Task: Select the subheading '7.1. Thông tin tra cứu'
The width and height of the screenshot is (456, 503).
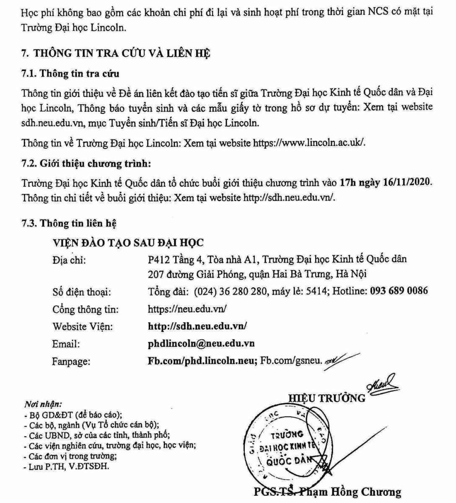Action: point(70,74)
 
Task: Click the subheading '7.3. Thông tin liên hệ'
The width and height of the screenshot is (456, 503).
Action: point(69,223)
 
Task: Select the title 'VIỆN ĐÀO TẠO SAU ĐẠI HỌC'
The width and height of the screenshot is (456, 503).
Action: point(128,243)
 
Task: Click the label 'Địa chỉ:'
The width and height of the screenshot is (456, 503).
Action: point(69,260)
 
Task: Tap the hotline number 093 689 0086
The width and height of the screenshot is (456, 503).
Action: point(399,290)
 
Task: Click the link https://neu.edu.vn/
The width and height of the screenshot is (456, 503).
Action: point(187,309)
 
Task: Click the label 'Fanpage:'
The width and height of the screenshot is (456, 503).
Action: point(71,361)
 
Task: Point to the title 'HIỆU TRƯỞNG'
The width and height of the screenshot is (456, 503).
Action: point(326,398)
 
